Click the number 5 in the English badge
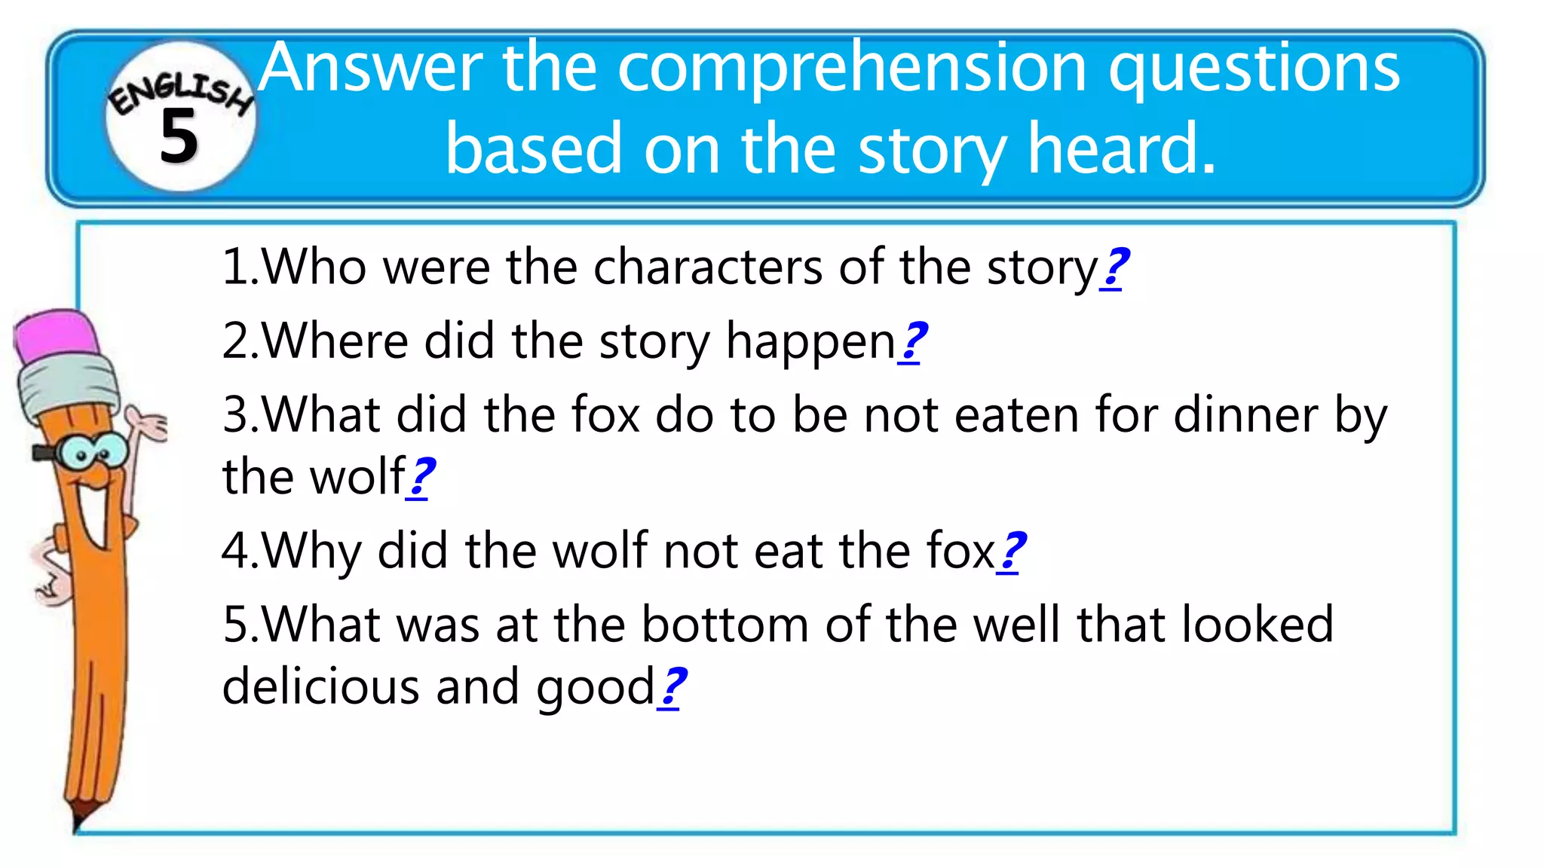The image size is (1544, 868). click(x=179, y=136)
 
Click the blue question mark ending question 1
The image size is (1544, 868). click(x=1114, y=267)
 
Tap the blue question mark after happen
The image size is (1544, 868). click(x=912, y=341)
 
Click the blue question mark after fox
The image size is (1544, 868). click(x=1011, y=551)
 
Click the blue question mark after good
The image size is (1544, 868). click(x=672, y=686)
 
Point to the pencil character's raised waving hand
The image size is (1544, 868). click(x=148, y=426)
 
